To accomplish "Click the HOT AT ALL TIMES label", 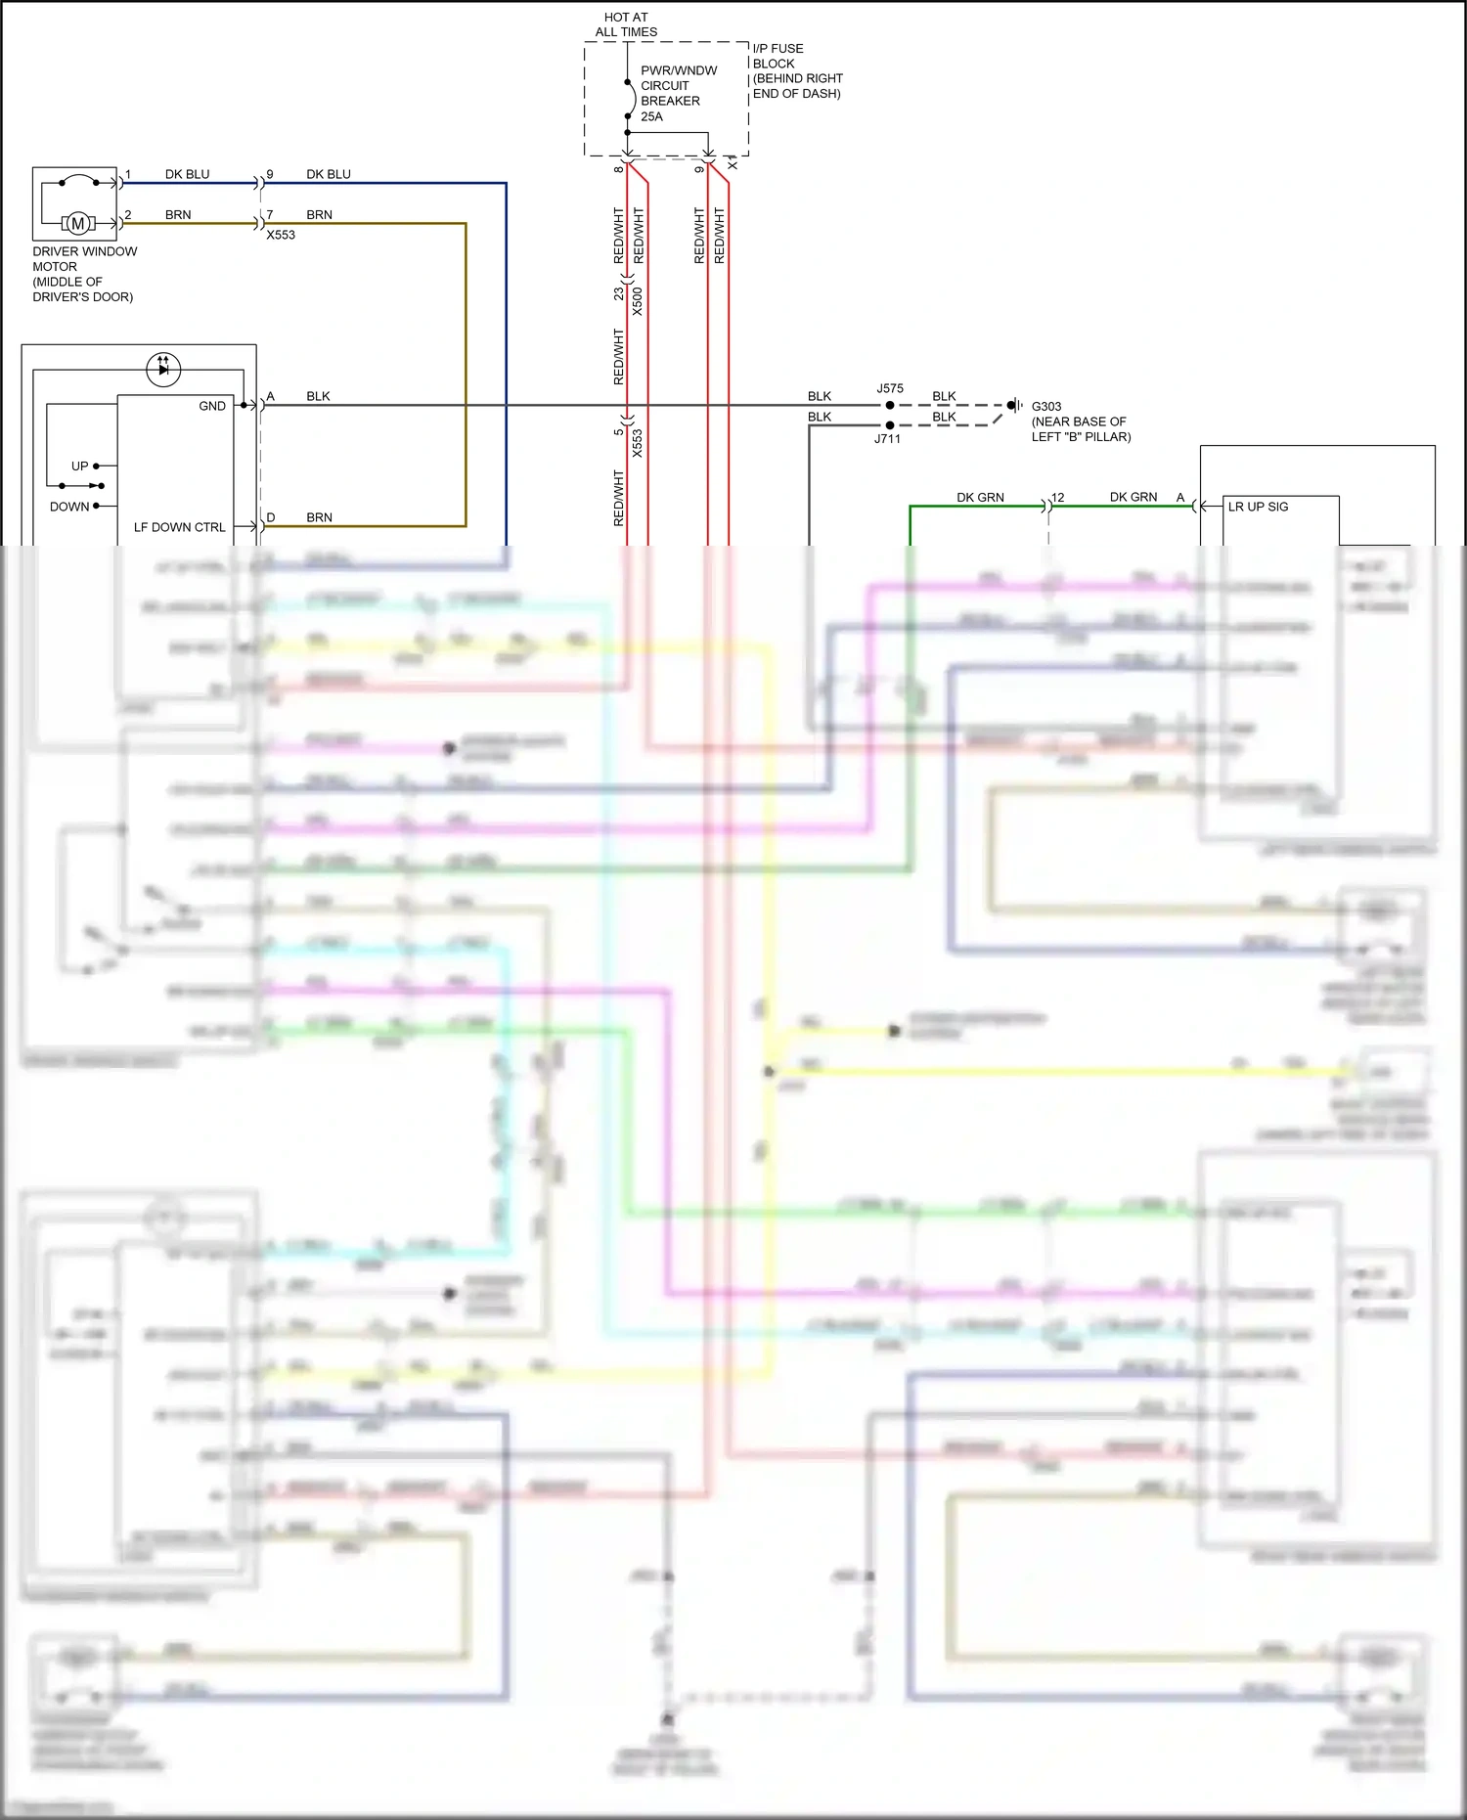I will (x=626, y=24).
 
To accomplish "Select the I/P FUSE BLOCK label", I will (x=796, y=70).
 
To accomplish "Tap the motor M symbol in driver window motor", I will (x=78, y=224).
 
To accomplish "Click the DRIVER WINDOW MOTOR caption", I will (x=84, y=274).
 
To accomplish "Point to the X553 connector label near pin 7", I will (x=281, y=235).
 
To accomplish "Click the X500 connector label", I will (x=638, y=300).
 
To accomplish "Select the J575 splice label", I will (x=890, y=388).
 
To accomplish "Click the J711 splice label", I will (x=887, y=439).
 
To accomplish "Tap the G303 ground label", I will (x=1045, y=406).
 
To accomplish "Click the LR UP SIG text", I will (x=1258, y=507).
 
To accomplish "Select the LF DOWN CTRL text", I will (x=179, y=527).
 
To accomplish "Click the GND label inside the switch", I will (x=212, y=406).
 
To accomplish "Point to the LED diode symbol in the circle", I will (x=163, y=369).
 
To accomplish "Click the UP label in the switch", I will (x=79, y=466).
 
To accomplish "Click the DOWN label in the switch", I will (x=69, y=507).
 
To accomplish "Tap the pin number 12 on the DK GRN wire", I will (x=1057, y=498).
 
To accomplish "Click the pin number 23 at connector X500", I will (x=618, y=292).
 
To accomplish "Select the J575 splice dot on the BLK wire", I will (x=890, y=405).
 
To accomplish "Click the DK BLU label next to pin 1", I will (x=187, y=174).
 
